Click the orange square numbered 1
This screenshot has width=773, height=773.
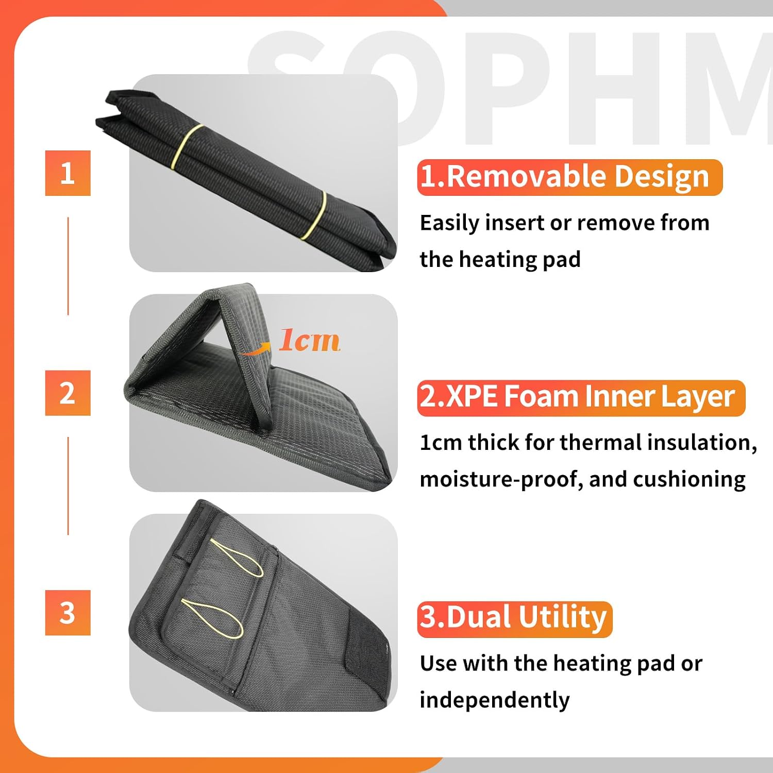68,173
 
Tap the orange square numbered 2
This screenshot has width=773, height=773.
68,393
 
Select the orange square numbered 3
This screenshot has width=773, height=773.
68,613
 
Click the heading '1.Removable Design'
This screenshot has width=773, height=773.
569,177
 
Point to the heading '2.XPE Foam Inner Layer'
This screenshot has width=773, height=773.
581,398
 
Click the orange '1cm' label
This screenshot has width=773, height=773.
309,340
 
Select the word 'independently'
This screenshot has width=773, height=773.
495,700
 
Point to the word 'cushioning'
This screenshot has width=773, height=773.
689,480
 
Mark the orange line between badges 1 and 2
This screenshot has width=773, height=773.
68,266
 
